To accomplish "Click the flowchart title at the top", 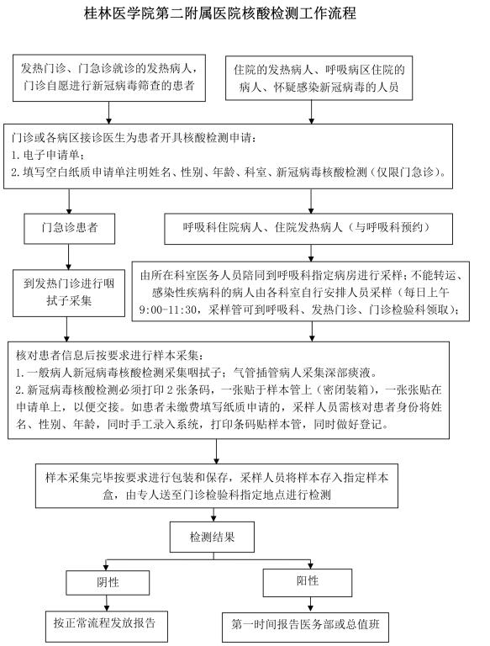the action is [x=220, y=13].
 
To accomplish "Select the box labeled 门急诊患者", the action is [x=69, y=228].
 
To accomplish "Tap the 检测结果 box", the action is [x=212, y=537].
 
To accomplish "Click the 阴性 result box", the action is [x=108, y=583].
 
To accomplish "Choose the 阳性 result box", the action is [x=307, y=583].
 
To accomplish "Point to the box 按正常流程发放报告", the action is [x=106, y=626].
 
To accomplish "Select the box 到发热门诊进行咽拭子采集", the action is [x=69, y=293].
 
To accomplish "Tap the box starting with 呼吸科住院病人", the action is [x=308, y=229].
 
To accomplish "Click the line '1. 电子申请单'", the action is [x=48, y=155].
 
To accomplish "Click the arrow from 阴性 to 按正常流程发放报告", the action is [x=107, y=603].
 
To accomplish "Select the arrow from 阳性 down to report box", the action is [x=310, y=605].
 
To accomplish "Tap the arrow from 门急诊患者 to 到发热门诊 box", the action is [x=68, y=257].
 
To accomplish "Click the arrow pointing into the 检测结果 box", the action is [x=213, y=515].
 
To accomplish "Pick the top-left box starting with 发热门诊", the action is [x=109, y=78].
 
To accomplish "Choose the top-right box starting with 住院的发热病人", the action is [x=319, y=78].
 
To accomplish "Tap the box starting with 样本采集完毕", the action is [x=217, y=485].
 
